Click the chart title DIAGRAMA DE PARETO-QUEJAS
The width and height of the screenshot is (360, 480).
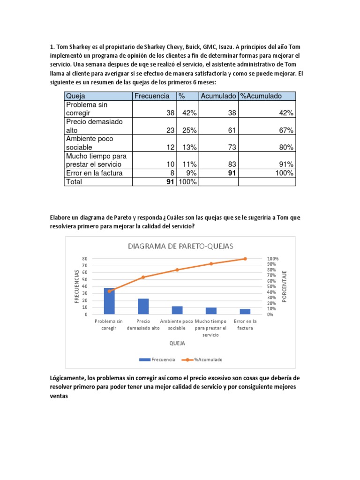coord(180,246)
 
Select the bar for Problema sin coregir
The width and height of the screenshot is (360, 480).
coord(109,301)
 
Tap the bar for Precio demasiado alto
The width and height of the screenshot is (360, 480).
coord(143,307)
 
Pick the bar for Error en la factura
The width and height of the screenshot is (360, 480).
coord(245,312)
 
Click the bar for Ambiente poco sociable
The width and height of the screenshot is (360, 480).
coord(177,310)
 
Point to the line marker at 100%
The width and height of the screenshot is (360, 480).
coord(245,259)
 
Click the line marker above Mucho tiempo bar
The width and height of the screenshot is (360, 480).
coord(211,264)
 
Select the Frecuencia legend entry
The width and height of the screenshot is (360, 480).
coord(157,360)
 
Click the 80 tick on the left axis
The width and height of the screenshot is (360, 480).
coord(85,259)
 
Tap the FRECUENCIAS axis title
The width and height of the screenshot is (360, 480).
coord(76,286)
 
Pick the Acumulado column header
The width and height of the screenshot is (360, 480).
coord(218,96)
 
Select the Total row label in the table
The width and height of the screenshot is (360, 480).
coord(74,181)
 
